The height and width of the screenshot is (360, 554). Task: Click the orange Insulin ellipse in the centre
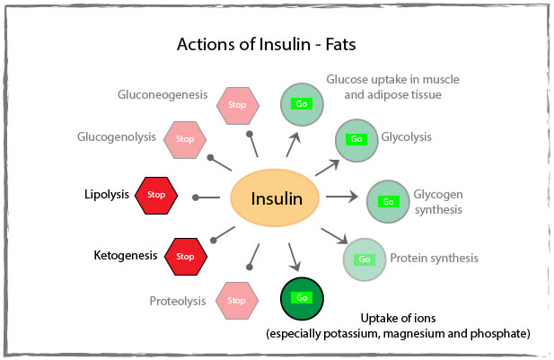(x=276, y=198)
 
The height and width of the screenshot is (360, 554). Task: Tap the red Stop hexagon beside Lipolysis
(x=156, y=194)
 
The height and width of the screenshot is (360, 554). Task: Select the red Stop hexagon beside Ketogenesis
(x=185, y=256)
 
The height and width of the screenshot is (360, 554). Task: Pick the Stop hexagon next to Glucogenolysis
(x=185, y=138)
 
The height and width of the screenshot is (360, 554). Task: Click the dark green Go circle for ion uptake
(x=302, y=298)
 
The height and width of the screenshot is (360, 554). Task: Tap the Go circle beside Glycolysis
(x=356, y=139)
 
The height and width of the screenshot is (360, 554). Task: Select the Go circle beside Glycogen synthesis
(x=388, y=200)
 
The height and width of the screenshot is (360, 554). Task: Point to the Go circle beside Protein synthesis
(x=365, y=259)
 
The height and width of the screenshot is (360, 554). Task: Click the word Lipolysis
(x=107, y=194)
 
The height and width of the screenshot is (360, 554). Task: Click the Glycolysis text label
(x=407, y=137)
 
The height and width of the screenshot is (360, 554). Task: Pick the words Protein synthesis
(x=434, y=259)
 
